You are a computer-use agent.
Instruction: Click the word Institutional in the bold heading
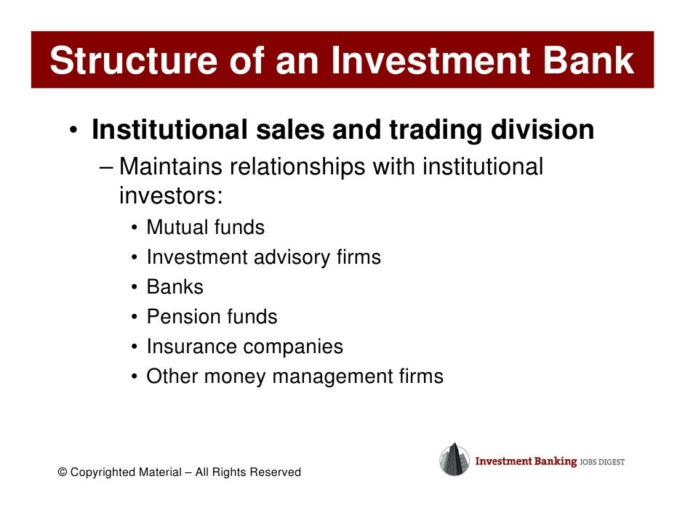coord(169,130)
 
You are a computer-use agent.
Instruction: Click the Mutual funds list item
coord(205,227)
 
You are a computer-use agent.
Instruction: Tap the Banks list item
coord(175,287)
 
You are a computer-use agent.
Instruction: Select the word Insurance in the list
coord(191,347)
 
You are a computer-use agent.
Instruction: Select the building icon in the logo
coord(454,459)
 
